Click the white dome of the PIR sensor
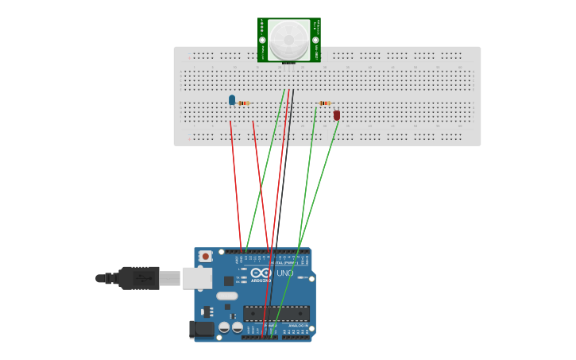[288, 39]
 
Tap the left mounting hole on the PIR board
[262, 40]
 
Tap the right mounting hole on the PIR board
[315, 40]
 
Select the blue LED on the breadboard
[232, 100]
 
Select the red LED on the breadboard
[337, 115]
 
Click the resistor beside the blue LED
[243, 103]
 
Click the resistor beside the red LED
[324, 103]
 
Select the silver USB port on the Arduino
[197, 278]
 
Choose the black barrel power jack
[203, 328]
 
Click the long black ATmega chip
[276, 313]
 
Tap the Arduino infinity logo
[261, 273]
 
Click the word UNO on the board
[284, 273]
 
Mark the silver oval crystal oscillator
[226, 296]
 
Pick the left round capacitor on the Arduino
[224, 327]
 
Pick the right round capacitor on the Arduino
[238, 327]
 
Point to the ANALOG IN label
[298, 326]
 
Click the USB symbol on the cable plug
[143, 278]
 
